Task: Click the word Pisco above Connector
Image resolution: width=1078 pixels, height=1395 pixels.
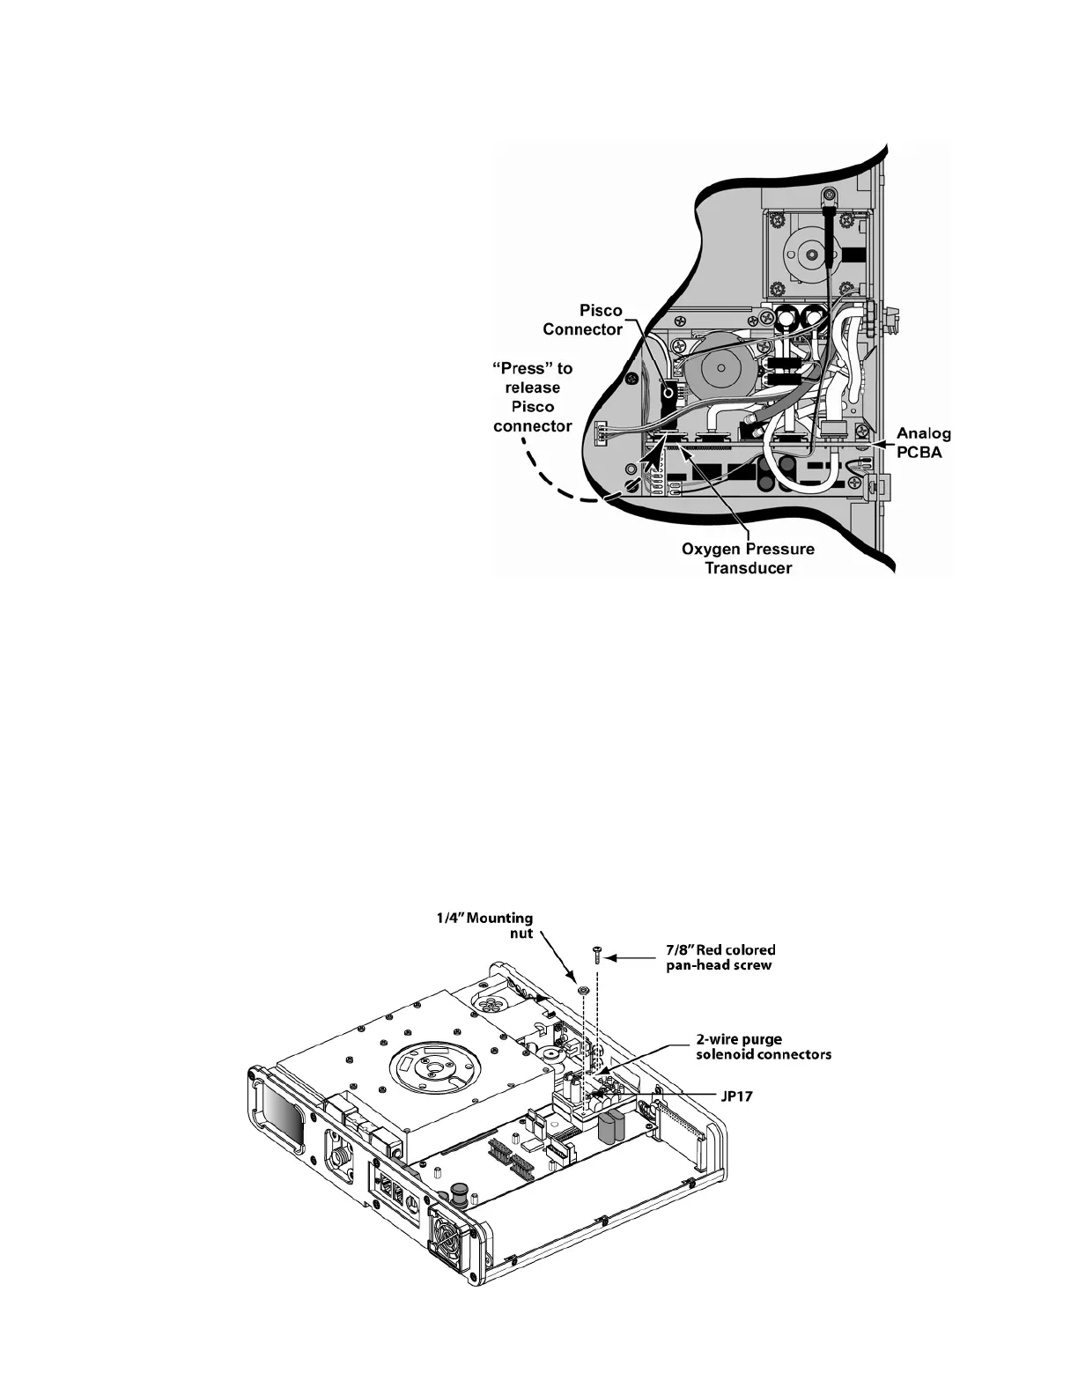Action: pos(601,311)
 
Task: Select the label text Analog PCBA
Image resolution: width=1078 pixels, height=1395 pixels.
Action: pos(923,442)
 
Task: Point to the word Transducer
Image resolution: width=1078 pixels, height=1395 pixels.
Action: pos(749,568)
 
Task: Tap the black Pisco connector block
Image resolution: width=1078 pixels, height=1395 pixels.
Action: pos(668,396)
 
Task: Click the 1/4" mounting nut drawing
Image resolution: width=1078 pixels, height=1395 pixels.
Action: pos(582,991)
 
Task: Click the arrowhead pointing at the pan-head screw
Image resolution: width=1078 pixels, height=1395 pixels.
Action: pos(615,956)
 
